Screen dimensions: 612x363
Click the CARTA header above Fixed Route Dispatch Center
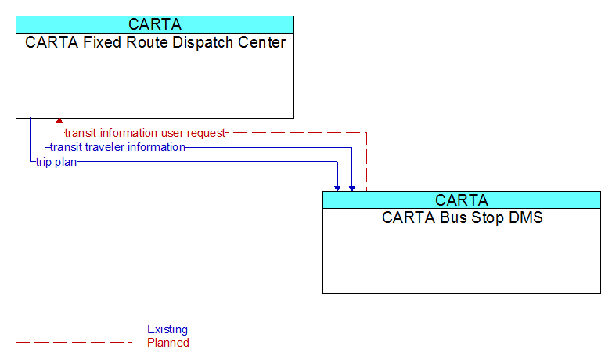154,24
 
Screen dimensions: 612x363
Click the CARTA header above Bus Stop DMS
461,200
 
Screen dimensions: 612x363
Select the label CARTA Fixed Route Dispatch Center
155,42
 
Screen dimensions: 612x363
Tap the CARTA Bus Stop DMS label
462,217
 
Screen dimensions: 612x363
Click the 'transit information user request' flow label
146,133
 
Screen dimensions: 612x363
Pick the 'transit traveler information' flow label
117,147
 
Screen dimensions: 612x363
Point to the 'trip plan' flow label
56,162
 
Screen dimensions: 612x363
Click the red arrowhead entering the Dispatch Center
59,121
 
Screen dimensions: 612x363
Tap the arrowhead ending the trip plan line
337,189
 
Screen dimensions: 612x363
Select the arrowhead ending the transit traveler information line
352,189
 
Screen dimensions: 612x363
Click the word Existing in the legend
167,329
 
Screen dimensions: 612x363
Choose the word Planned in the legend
168,343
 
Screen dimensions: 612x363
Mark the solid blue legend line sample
74,329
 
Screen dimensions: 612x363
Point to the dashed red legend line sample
74,343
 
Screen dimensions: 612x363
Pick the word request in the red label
206,134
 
